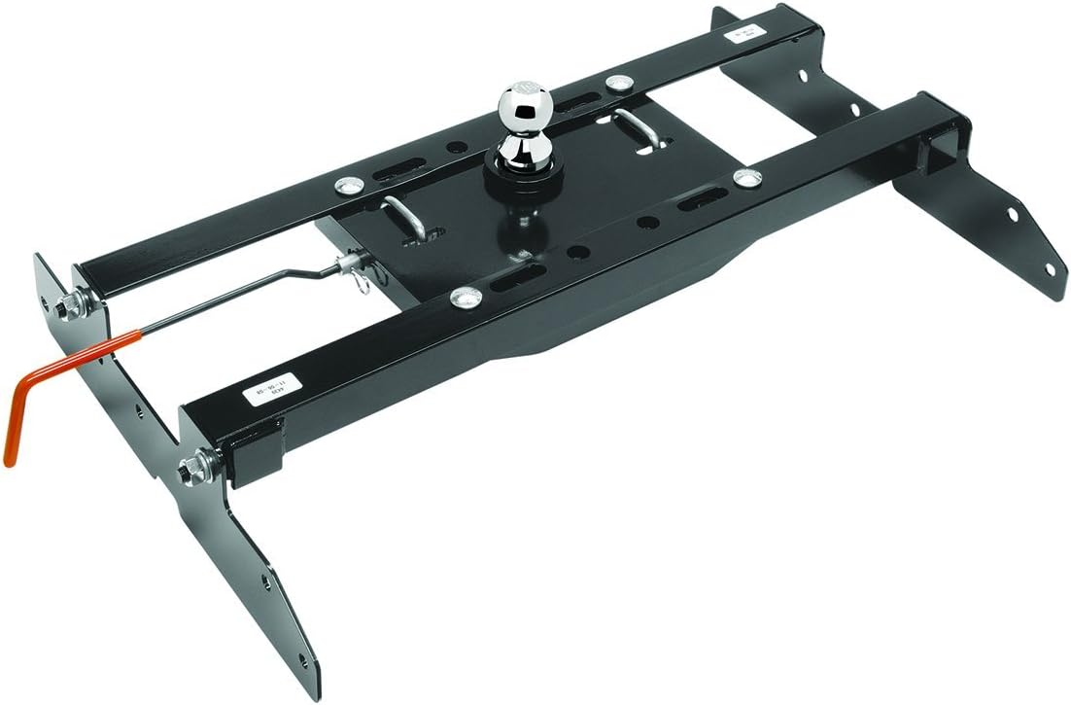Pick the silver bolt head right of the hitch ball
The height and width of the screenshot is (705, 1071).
tap(746, 177)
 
